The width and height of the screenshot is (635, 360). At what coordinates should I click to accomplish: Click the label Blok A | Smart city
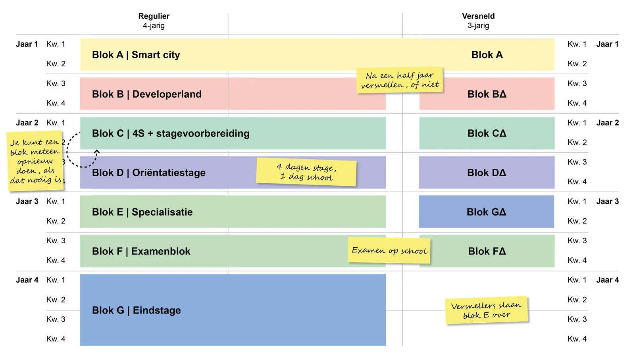136,55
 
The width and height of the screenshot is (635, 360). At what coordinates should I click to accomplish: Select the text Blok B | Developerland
146,94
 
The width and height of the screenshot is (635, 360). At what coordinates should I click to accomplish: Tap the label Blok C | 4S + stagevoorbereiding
171,133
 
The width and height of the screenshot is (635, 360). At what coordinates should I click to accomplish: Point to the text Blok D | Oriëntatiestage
148,173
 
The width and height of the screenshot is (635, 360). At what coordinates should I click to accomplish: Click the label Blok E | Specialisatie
142,212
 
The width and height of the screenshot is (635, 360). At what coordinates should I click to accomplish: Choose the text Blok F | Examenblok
141,251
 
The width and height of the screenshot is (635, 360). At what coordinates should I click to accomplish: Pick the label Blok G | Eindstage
136,310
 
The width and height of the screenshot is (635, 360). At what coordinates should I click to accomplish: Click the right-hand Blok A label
487,55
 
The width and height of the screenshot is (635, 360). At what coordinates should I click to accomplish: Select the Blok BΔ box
487,94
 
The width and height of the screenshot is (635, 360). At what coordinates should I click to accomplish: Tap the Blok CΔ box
487,133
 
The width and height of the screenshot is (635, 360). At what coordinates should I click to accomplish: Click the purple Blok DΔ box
487,173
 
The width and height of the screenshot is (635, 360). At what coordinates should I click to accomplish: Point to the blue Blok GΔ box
487,212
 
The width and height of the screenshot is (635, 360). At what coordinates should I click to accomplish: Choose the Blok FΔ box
487,251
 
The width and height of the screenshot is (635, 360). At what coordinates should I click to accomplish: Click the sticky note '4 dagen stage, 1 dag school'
306,172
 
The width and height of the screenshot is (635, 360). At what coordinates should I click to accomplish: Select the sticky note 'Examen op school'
389,250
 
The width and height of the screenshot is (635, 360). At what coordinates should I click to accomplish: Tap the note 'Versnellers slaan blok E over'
486,310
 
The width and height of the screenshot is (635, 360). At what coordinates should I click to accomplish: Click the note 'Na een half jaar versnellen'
400,80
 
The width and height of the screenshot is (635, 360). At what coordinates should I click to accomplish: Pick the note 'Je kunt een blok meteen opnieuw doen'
35,161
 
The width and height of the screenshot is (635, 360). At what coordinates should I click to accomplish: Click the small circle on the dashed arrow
96,153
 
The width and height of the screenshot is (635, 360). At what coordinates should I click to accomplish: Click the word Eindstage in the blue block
157,310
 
